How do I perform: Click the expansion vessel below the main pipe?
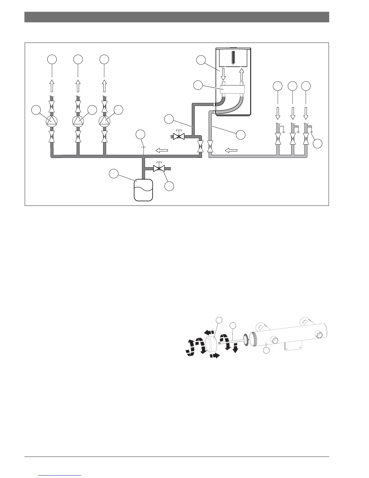143,190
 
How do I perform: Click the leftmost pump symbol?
52,121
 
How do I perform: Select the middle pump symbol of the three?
78,121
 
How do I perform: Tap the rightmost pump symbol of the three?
104,121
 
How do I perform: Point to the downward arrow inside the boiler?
223,74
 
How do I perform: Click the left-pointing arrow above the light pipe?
231,150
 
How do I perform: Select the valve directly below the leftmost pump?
52,137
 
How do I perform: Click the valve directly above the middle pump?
78,106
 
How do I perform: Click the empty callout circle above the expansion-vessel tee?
140,135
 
